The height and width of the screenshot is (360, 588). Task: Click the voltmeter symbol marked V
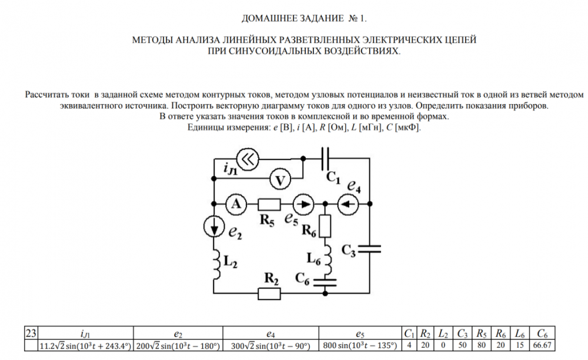(x=280, y=180)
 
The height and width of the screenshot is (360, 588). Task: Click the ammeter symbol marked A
(x=236, y=204)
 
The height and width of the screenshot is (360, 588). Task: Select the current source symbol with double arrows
(x=248, y=159)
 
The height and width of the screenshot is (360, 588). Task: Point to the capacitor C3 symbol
(x=369, y=249)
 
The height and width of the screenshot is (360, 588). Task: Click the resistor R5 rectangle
(x=269, y=204)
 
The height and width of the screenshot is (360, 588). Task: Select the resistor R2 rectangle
(x=269, y=294)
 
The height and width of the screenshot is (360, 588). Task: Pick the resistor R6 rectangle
(x=325, y=226)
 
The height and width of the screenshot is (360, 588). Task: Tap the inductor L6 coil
(x=328, y=260)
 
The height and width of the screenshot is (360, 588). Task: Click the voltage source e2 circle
(x=214, y=226)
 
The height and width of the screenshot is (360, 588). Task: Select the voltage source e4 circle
(x=348, y=204)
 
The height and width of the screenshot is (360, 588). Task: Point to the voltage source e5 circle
(x=303, y=204)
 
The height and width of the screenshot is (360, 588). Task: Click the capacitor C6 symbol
(x=325, y=282)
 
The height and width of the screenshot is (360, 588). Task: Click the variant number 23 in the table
(x=31, y=333)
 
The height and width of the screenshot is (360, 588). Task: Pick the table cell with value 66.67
(x=542, y=345)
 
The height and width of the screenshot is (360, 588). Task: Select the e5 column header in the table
(x=360, y=334)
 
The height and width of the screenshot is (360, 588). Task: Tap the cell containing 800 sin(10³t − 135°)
(x=360, y=345)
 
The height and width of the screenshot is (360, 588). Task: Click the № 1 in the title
(x=358, y=18)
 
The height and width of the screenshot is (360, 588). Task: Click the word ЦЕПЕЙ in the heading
(x=457, y=40)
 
